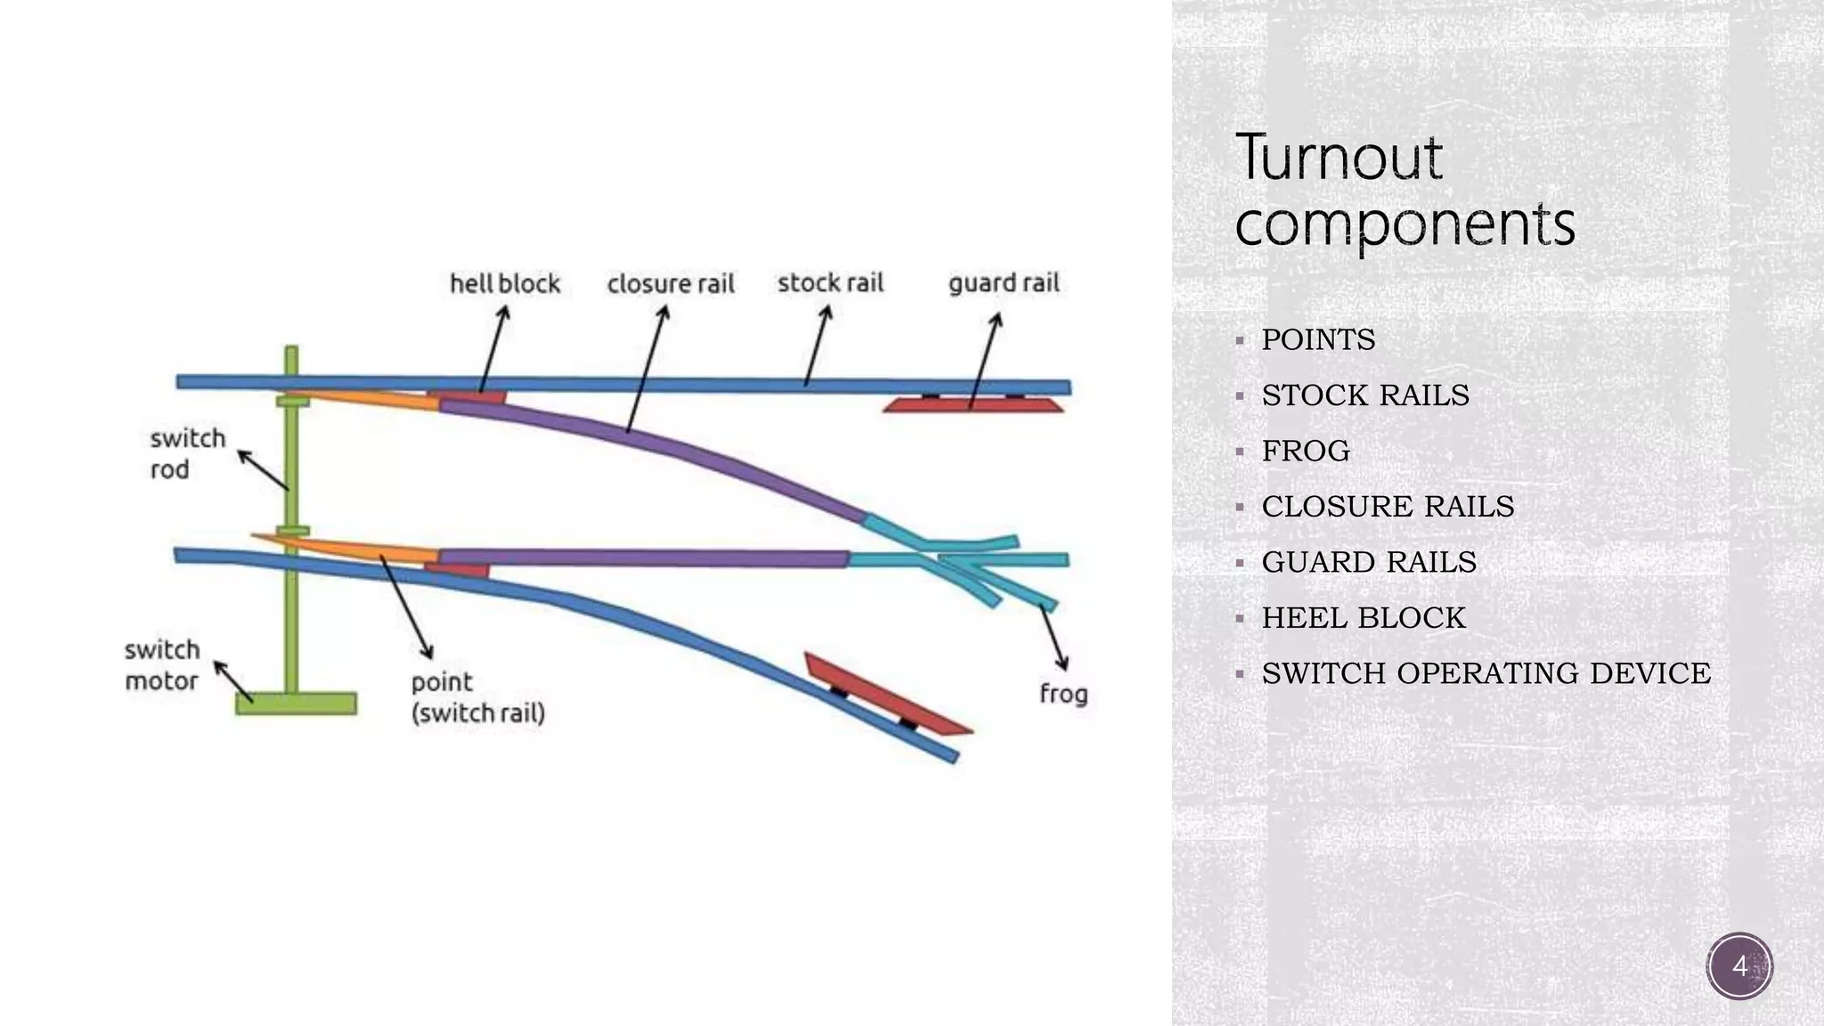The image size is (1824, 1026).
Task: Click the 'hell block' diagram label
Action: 504,283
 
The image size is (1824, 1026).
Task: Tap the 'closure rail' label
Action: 671,284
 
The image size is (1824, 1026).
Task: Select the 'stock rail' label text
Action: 830,283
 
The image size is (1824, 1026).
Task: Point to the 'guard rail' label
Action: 1004,283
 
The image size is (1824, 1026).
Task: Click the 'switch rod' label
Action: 187,453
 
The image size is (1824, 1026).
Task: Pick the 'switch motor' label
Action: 162,665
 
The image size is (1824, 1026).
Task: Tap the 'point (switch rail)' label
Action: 477,697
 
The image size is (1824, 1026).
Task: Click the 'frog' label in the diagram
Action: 1063,693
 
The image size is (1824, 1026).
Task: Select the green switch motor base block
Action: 296,704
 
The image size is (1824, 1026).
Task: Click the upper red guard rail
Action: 973,405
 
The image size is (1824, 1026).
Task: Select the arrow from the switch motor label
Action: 233,681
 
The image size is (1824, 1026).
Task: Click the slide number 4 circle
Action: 1739,966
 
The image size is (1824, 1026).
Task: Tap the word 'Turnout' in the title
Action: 1338,158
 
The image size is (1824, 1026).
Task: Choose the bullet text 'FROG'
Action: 1306,451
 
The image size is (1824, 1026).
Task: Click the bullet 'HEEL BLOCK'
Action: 1363,617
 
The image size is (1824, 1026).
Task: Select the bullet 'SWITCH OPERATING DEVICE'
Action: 1486,673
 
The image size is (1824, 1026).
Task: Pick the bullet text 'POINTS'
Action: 1318,339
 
